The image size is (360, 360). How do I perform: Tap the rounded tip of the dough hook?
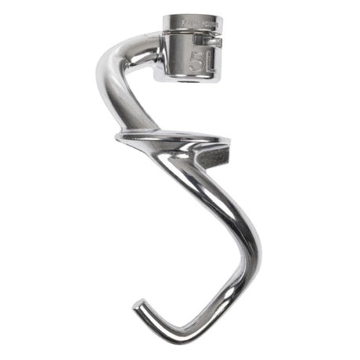tap(138, 308)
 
